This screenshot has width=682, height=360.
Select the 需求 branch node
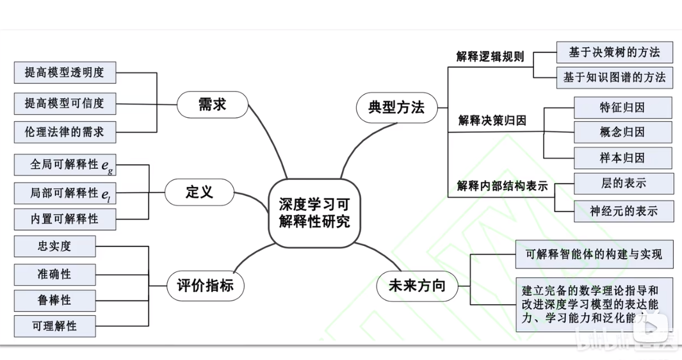tap(212, 104)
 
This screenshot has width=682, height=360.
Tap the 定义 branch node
tap(199, 192)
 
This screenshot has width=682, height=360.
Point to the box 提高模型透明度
tap(64, 72)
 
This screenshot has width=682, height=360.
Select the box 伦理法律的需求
tap(64, 132)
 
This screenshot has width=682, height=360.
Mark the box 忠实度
tap(54, 246)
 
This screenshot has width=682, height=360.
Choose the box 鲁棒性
tap(54, 300)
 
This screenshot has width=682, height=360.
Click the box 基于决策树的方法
tap(614, 51)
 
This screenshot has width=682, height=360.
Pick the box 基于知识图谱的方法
tap(614, 78)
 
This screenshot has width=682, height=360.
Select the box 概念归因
tap(622, 132)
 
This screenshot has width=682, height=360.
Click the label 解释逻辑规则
tap(490, 56)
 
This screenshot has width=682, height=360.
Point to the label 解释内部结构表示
tap(502, 186)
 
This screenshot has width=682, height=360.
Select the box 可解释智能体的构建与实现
tap(594, 255)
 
